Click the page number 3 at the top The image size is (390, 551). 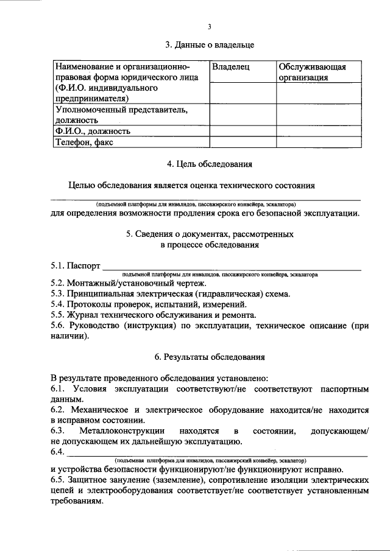pyautogui.click(x=209, y=27)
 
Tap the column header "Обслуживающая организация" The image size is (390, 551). pyautogui.click(x=313, y=72)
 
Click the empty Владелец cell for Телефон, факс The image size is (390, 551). pyautogui.click(x=242, y=142)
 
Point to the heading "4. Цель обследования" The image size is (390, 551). pyautogui.click(x=210, y=163)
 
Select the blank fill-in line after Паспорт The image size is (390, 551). pyautogui.click(x=232, y=268)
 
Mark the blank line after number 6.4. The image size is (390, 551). pyautogui.click(x=216, y=454)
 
